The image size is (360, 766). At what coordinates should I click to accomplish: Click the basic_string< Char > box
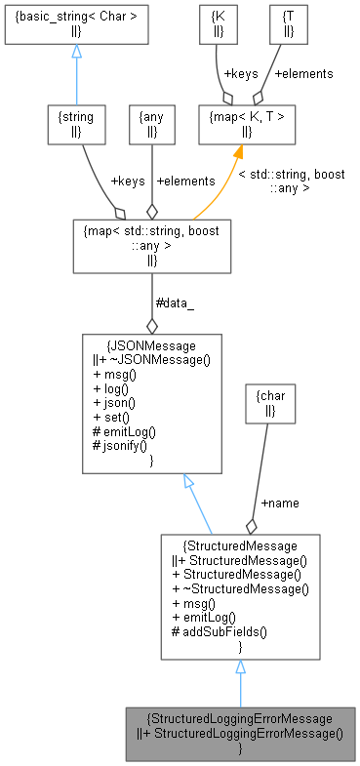click(75, 24)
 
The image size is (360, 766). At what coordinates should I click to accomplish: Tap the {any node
click(151, 124)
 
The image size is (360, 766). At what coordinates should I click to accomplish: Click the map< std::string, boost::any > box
click(151, 244)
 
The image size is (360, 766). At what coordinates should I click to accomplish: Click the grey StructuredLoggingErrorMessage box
click(240, 733)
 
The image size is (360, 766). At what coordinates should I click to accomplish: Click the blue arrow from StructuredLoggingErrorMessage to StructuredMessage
click(240, 682)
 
